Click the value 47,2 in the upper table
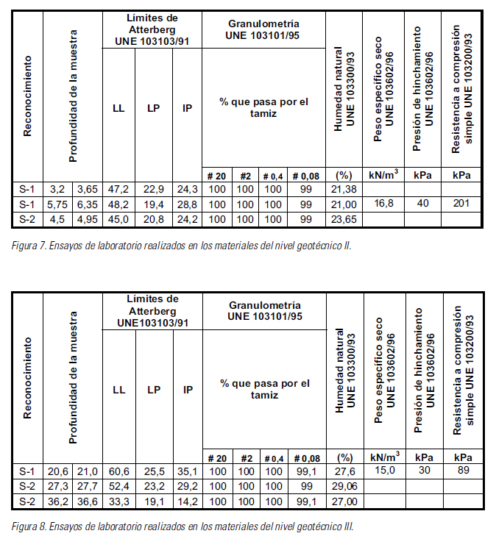tap(118, 190)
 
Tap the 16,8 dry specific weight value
tap(383, 204)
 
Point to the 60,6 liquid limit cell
tap(118, 471)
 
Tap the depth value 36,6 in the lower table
tap(86, 500)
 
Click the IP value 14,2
tap(188, 500)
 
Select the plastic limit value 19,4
tap(153, 204)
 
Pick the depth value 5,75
tap(58, 204)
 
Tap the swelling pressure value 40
tap(423, 204)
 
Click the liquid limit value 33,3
tap(118, 500)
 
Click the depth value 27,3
tap(58, 485)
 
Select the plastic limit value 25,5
tap(153, 471)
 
